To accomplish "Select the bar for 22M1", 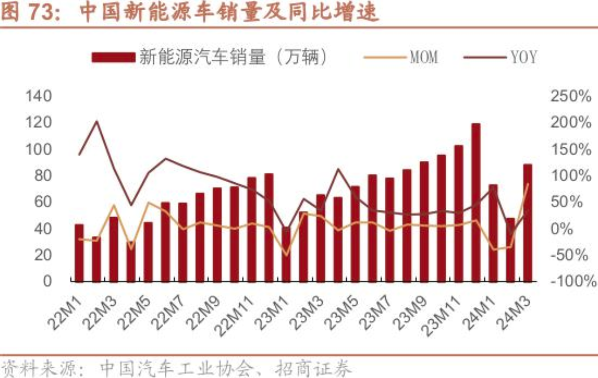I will pyautogui.click(x=79, y=252).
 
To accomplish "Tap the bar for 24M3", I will pyautogui.click(x=528, y=223).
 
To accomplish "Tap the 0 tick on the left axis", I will pyautogui.click(x=60, y=281).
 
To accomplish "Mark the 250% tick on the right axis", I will pyautogui.click(x=571, y=96).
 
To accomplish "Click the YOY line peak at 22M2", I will pyautogui.click(x=97, y=121).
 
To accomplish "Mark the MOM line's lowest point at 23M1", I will pyautogui.click(x=286, y=255).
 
